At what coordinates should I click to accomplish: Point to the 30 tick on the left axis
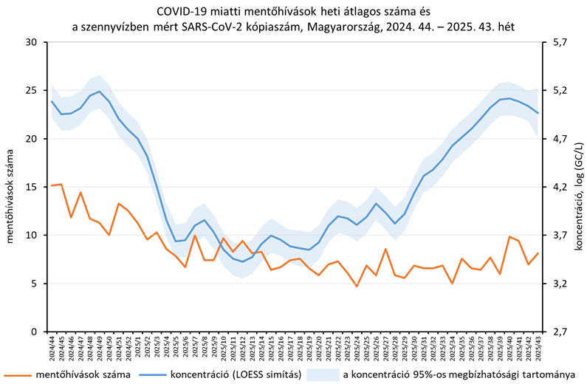pos(30,42)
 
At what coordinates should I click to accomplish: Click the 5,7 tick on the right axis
pos(558,42)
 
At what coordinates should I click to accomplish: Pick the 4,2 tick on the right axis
pos(558,187)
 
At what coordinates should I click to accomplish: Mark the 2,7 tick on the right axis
pos(558,332)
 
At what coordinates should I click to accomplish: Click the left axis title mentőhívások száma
pos(10,186)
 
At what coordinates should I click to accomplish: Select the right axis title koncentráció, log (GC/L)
pos(578,186)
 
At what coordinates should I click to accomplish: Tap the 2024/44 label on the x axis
pos(52,347)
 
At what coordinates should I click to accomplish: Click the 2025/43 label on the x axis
pos(538,347)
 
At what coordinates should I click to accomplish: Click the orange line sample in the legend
pos(17,374)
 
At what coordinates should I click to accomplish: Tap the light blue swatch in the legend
pos(322,374)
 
